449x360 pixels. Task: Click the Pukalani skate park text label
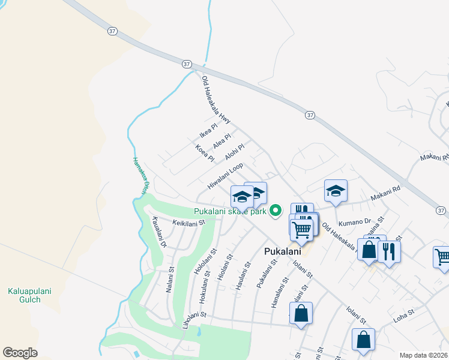(230, 211)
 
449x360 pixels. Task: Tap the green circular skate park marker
(276, 211)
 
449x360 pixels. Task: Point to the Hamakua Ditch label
(139, 176)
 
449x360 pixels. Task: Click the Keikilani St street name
(189, 223)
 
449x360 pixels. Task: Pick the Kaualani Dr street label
(159, 233)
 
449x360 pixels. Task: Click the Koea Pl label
(205, 153)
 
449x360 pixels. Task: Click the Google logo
(20, 353)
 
